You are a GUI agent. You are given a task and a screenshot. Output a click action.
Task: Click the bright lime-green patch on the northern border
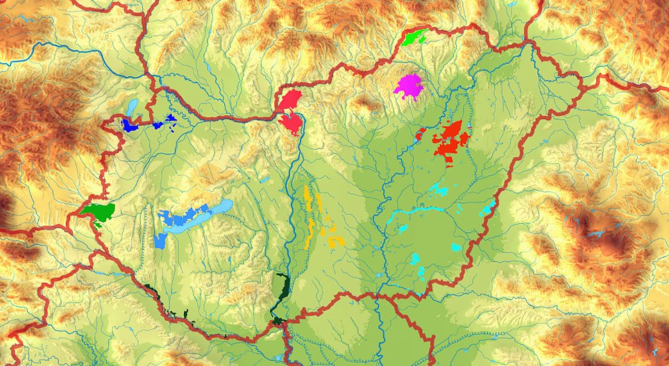(414, 37)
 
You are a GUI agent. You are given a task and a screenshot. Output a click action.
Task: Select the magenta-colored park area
(409, 87)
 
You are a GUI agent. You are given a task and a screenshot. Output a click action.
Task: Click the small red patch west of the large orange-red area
(420, 133)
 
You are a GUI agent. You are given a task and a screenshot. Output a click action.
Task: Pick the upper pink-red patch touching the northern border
(291, 98)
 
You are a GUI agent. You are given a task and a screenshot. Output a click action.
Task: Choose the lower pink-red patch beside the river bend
(291, 123)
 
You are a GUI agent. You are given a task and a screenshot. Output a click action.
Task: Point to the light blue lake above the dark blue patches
(132, 107)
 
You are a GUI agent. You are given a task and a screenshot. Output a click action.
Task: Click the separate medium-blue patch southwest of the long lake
(161, 241)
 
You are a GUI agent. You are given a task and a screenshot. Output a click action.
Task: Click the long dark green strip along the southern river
(281, 291)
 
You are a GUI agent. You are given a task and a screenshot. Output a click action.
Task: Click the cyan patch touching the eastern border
(489, 207)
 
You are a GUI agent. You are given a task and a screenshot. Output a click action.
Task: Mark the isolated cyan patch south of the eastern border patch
(455, 246)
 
